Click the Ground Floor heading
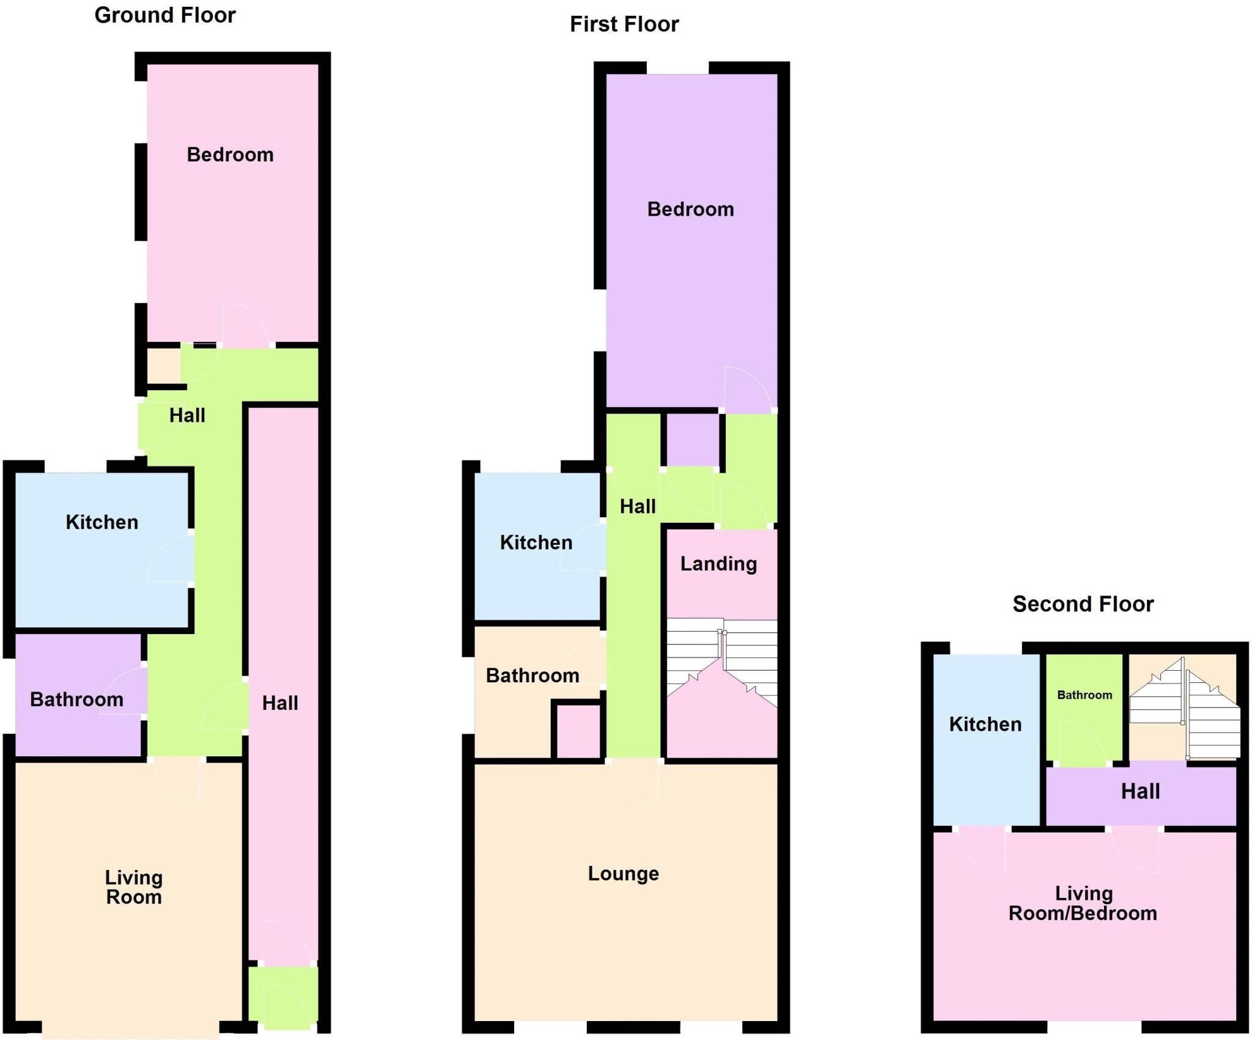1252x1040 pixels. (165, 15)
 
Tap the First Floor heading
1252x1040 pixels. (624, 24)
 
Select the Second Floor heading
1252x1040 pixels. (1083, 604)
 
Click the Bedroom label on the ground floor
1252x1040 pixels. (230, 155)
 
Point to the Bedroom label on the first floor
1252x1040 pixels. (690, 209)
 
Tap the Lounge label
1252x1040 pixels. (623, 873)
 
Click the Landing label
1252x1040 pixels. (718, 563)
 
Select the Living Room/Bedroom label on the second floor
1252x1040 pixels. (1083, 903)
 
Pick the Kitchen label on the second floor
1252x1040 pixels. (985, 724)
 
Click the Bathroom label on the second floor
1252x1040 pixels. (1084, 695)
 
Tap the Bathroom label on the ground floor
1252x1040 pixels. (76, 699)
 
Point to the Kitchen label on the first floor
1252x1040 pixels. (536, 542)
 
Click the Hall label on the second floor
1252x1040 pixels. (1140, 791)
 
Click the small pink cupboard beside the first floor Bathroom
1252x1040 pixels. (577, 731)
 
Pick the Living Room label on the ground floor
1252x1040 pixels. (134, 887)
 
